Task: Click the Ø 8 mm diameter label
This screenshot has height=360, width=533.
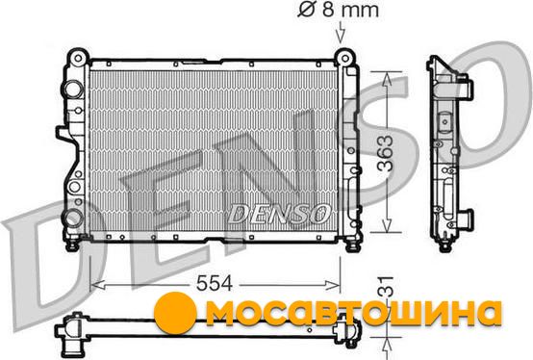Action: (339, 10)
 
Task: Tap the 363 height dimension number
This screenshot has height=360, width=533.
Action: (386, 153)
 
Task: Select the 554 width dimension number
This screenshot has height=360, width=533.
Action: (215, 283)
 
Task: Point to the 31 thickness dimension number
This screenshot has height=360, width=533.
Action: (386, 287)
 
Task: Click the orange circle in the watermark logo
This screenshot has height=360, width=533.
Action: (175, 311)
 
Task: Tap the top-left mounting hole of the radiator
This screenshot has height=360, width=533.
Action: (78, 58)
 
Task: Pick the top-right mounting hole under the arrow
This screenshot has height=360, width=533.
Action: (344, 59)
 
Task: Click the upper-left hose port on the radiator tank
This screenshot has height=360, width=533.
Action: (72, 90)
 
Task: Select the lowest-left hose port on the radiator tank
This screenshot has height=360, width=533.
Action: (73, 218)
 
